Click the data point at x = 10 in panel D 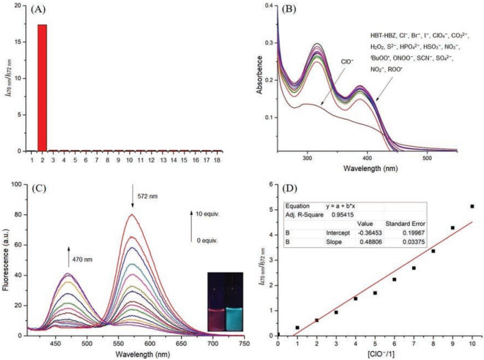click(471, 206)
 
